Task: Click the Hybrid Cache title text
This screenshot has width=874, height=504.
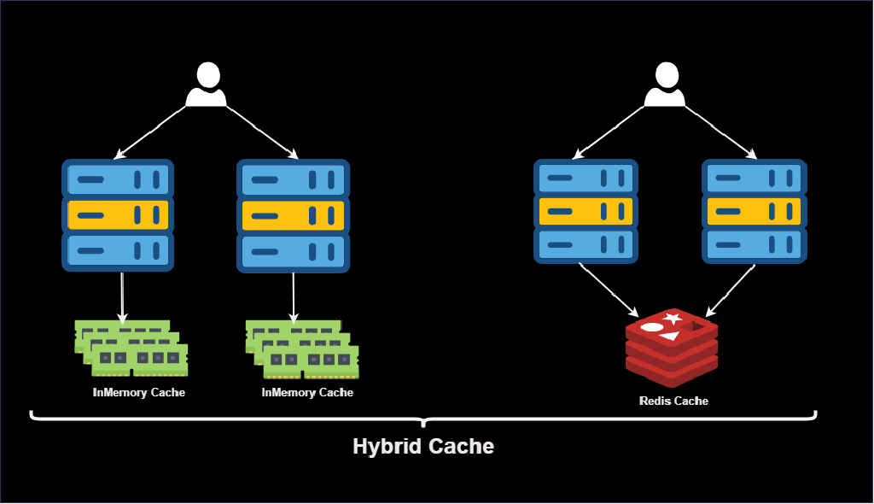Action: (x=423, y=446)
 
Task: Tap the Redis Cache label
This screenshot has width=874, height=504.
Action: (x=673, y=401)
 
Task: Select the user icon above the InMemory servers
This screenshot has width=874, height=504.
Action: (x=206, y=85)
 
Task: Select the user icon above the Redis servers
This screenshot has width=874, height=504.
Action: (x=664, y=85)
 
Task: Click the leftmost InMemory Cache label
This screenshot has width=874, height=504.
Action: (x=138, y=393)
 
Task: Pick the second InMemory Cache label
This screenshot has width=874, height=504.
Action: (x=307, y=393)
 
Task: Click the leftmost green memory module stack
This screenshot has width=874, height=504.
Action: (x=131, y=349)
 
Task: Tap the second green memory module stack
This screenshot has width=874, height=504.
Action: (x=302, y=349)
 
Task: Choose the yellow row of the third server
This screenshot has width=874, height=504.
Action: (x=586, y=211)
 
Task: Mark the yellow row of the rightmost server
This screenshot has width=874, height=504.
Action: (x=754, y=211)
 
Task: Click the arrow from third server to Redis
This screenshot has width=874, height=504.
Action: (x=608, y=289)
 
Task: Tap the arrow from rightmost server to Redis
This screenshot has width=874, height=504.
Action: (x=731, y=289)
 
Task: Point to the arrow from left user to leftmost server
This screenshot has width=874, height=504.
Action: (x=150, y=132)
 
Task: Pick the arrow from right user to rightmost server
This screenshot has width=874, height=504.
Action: (x=720, y=132)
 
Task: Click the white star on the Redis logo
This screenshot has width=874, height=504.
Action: (x=673, y=319)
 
